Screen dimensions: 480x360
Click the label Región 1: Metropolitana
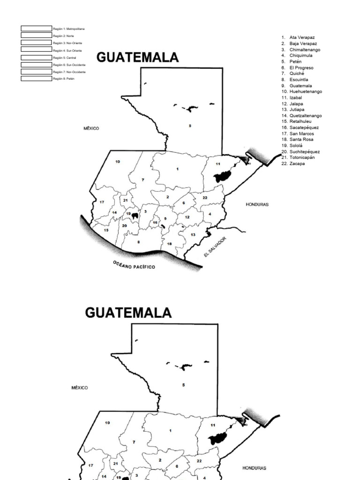click(x=68, y=29)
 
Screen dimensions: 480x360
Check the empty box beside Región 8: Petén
click(x=36, y=79)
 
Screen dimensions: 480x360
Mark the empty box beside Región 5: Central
click(x=36, y=57)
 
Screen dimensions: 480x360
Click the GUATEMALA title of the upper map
click(x=137, y=57)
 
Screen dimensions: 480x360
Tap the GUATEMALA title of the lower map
click(x=128, y=313)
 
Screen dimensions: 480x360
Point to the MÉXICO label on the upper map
click(x=91, y=128)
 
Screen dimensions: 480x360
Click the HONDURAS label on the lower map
click(x=254, y=468)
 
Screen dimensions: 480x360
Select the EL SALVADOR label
click(x=215, y=247)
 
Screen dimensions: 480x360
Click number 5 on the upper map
click(x=190, y=126)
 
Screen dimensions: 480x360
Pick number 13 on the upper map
click(x=193, y=234)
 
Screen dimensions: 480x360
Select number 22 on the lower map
click(x=199, y=461)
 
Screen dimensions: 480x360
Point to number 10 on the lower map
click(x=107, y=423)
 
